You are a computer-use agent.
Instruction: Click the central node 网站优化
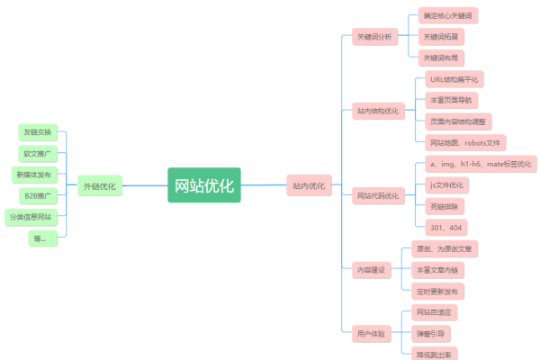204,185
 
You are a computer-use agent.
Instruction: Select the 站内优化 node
309,186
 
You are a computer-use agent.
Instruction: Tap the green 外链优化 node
99,186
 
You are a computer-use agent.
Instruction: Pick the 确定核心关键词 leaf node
447,16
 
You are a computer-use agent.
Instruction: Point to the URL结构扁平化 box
454,78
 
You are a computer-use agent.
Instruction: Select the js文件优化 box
446,184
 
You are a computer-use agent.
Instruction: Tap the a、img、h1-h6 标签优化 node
480,164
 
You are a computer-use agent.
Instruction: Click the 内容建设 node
370,269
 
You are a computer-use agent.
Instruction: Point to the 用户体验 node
370,333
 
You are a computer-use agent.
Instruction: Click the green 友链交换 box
39,131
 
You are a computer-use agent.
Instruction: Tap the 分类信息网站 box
31,217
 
